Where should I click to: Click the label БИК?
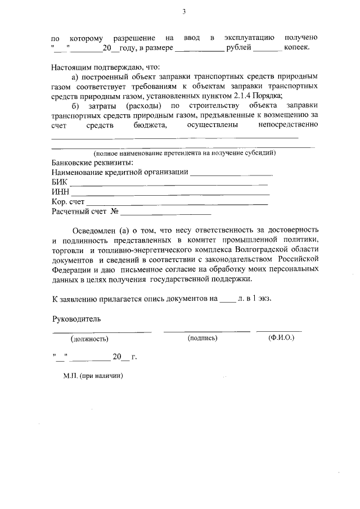tap(58, 182)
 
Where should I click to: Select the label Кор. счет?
tap(67, 202)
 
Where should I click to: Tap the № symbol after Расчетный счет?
tap(114, 213)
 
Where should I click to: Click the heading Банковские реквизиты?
tap(89, 163)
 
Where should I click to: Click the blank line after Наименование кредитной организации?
tap(231, 173)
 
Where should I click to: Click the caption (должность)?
tap(89, 339)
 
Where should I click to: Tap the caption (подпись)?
tap(202, 338)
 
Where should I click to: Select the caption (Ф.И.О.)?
tap(281, 338)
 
